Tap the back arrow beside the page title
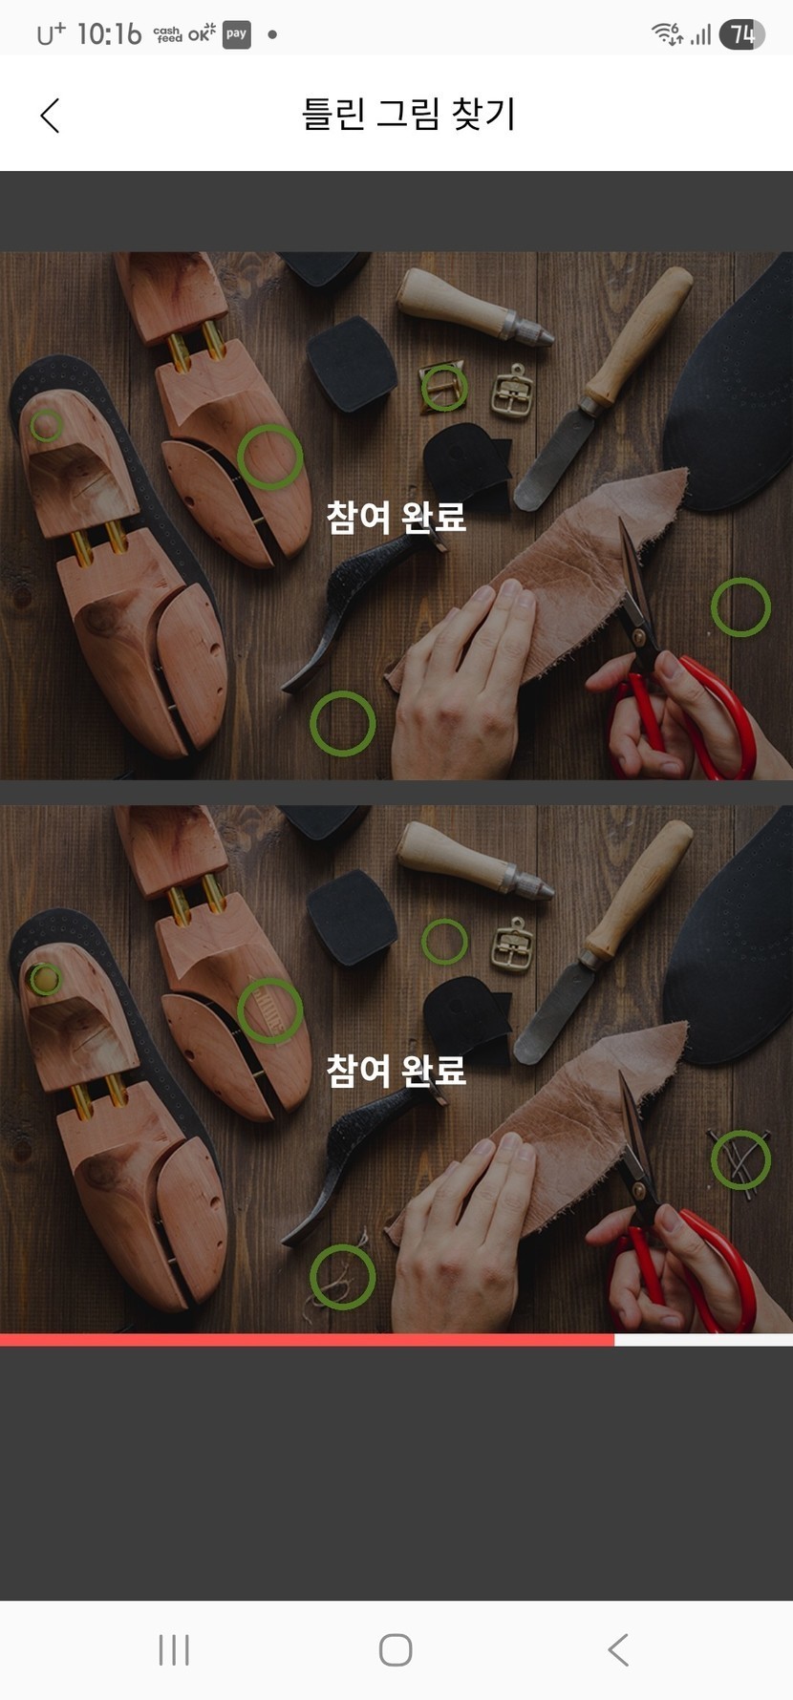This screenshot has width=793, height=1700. (51, 116)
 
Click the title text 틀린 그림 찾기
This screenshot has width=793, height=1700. (409, 114)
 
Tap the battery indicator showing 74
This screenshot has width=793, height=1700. (741, 34)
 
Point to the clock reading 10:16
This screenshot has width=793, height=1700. (109, 34)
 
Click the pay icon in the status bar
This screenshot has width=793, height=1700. (236, 34)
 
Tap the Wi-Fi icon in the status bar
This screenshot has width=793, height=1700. (666, 34)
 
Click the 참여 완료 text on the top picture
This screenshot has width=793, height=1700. (396, 517)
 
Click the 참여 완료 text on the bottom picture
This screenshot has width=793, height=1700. (396, 1070)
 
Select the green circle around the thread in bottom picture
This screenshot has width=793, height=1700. (342, 1247)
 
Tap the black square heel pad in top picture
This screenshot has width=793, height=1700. (352, 363)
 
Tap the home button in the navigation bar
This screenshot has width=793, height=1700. (396, 1649)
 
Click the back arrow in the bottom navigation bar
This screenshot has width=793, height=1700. (618, 1649)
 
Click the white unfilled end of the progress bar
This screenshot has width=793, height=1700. (703, 1340)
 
